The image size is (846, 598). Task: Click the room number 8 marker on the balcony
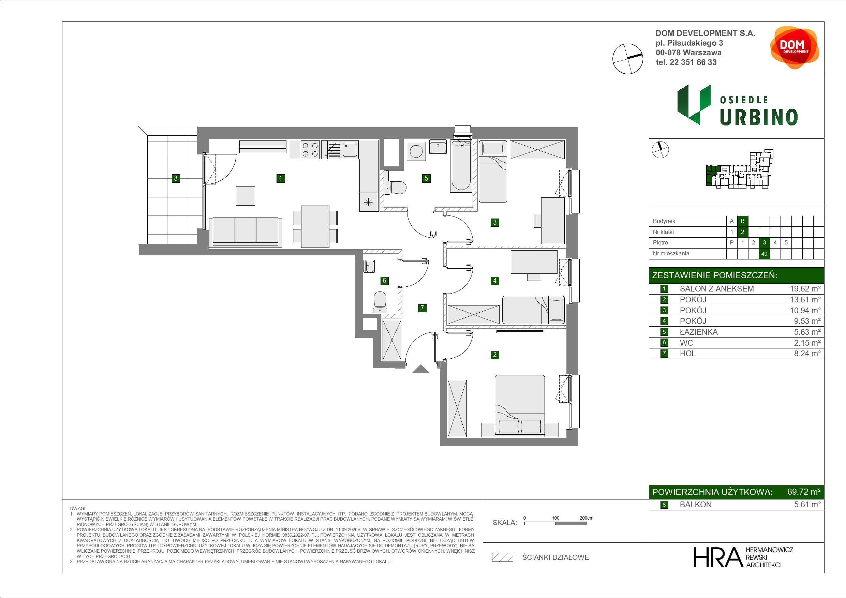(x=176, y=178)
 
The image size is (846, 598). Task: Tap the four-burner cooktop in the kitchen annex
(x=310, y=150)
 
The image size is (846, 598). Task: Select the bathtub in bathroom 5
(x=461, y=166)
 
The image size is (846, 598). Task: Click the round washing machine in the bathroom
(x=416, y=151)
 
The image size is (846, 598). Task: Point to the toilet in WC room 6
(x=380, y=302)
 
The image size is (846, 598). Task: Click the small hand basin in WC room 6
(x=370, y=266)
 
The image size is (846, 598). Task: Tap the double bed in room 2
(x=520, y=406)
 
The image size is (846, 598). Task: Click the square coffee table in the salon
(x=246, y=196)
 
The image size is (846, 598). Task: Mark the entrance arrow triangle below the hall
(x=420, y=369)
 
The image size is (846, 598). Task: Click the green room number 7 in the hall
(x=422, y=308)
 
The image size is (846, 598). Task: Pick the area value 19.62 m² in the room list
(x=805, y=289)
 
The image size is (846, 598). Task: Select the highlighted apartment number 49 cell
(x=764, y=254)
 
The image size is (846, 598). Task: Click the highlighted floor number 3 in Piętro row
(x=764, y=242)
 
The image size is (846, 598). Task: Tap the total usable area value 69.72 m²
(x=804, y=492)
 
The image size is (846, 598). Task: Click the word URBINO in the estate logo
(x=759, y=117)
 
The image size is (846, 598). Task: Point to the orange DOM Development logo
(x=795, y=47)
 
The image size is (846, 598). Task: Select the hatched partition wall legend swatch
(x=503, y=557)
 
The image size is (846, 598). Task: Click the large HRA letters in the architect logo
(x=718, y=557)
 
